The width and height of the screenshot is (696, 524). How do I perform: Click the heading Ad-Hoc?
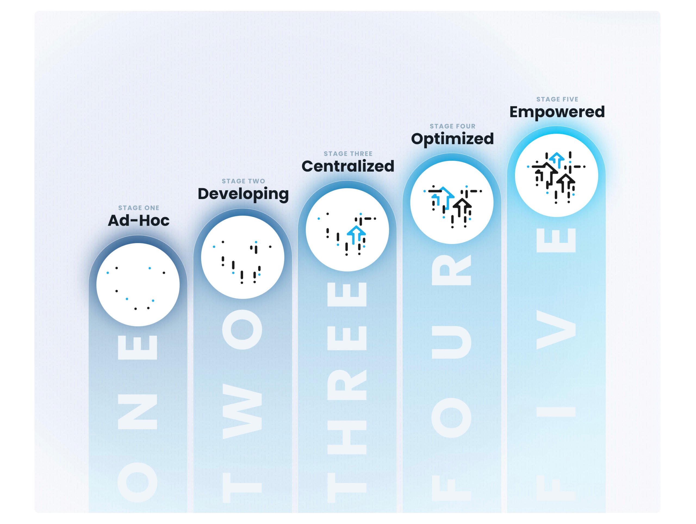[138, 221]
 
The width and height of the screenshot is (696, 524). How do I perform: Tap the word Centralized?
[348, 166]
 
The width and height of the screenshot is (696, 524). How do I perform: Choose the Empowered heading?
[557, 112]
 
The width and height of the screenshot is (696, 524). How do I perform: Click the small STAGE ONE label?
[138, 208]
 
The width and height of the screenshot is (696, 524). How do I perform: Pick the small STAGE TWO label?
[243, 181]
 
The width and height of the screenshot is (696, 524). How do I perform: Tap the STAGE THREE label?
[348, 154]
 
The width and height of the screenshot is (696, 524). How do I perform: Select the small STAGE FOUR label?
[452, 126]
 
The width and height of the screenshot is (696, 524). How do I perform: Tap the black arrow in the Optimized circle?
[462, 206]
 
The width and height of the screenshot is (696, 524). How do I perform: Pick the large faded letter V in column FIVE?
[556, 330]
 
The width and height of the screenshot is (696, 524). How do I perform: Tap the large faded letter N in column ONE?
[137, 412]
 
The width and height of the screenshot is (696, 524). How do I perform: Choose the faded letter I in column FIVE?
[556, 412]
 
